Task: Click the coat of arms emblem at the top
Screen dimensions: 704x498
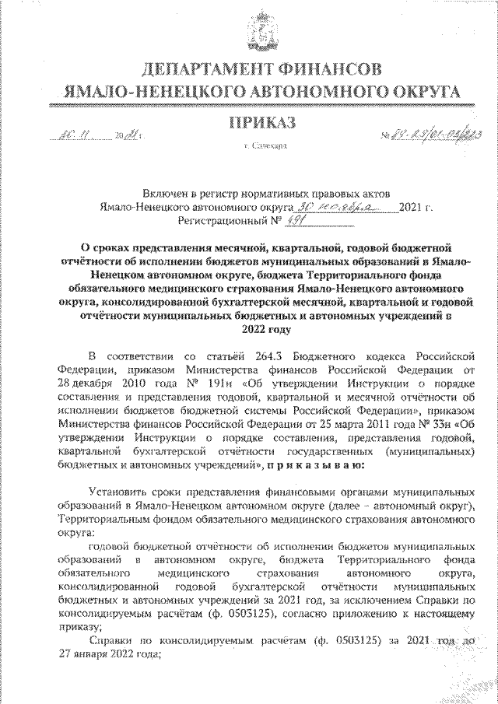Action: tap(249, 31)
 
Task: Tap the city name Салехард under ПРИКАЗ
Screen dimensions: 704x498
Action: tap(265, 145)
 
